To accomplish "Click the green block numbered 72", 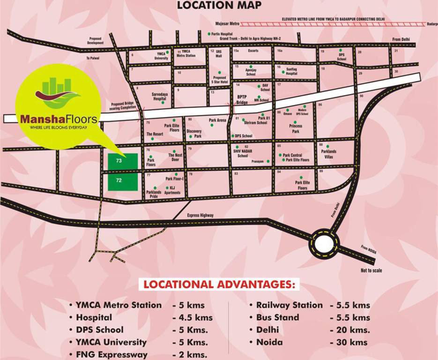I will [x=123, y=181].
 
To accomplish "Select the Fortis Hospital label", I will [x=222, y=34].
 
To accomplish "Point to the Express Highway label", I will [x=200, y=215].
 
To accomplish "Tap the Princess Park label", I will [x=296, y=129].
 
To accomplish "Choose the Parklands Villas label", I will [x=330, y=154].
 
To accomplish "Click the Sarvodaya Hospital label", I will [x=159, y=97].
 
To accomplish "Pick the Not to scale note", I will [x=371, y=270].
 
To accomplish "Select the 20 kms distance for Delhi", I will [x=349, y=330].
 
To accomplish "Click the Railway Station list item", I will [x=289, y=305].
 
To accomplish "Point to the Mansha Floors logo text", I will [x=59, y=120].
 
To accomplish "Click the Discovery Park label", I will [x=194, y=134].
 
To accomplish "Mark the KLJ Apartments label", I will [x=172, y=190].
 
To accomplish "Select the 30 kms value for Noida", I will [x=349, y=342].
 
